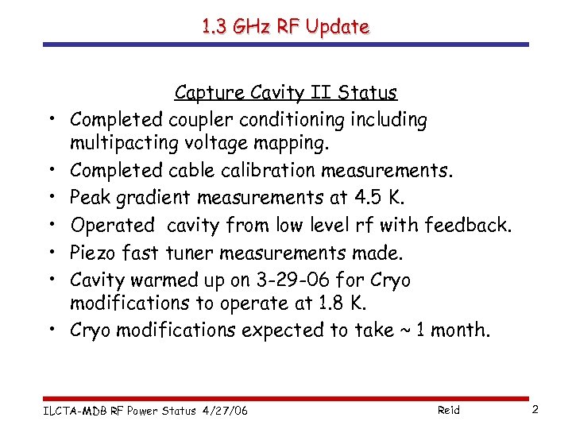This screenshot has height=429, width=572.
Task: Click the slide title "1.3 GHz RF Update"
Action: pos(285,26)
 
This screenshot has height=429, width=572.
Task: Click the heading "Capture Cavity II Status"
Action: pos(285,93)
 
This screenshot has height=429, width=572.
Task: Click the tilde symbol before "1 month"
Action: pos(406,330)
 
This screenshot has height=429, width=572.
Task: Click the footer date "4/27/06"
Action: pos(225,410)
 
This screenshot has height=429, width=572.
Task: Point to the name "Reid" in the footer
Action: pos(448,410)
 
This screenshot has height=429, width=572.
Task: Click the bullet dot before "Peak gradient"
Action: pos(51,198)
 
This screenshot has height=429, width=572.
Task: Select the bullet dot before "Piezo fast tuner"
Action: pos(51,252)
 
